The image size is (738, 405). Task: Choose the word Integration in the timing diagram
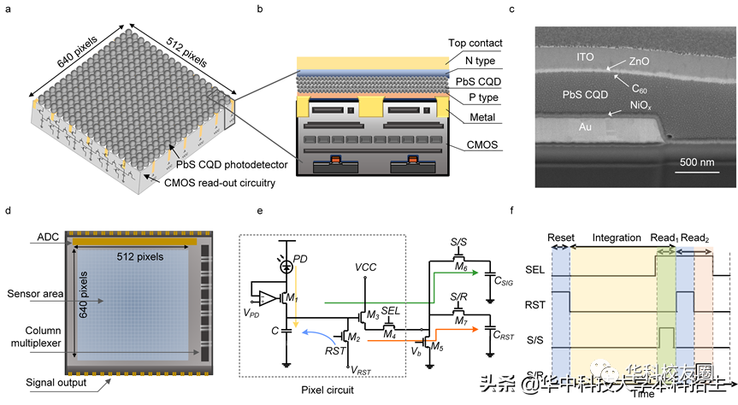point(616,238)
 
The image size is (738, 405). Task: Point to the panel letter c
point(534,10)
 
